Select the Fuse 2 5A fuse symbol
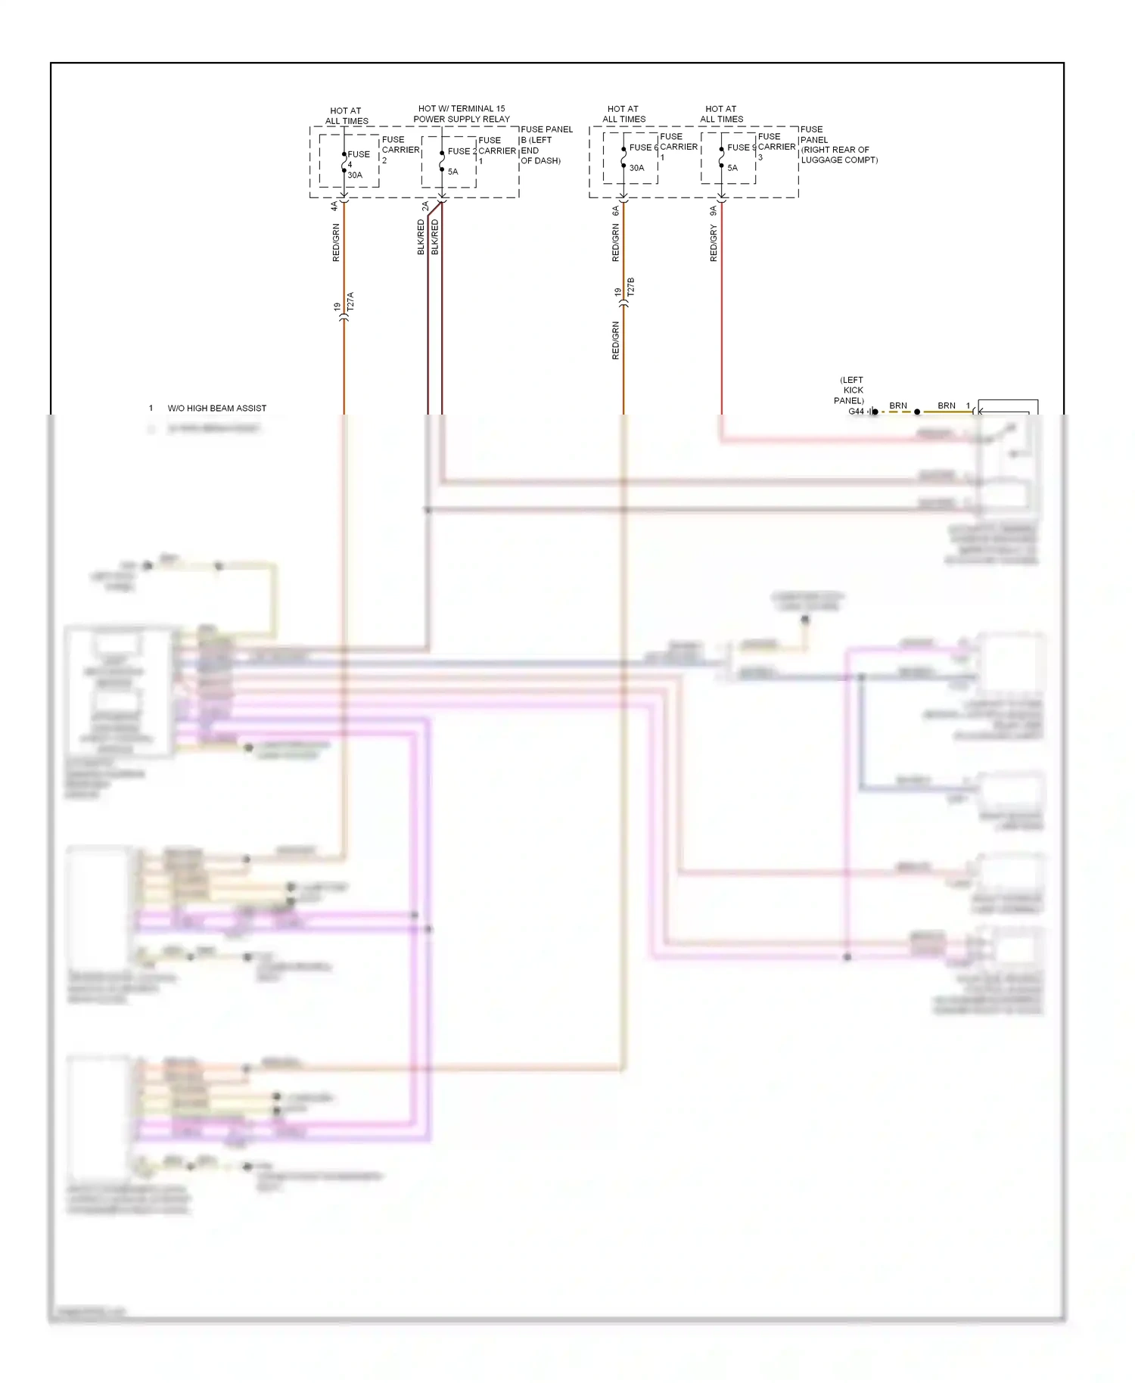[x=442, y=161]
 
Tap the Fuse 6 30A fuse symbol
[x=623, y=157]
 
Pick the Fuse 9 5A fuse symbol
[x=721, y=157]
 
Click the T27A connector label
[x=350, y=302]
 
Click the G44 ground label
[x=856, y=412]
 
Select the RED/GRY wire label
[x=714, y=244]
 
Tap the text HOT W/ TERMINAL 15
[x=462, y=109]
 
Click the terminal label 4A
[x=334, y=206]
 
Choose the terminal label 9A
[x=713, y=211]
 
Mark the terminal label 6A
[x=615, y=211]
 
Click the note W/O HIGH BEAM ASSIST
[x=217, y=409]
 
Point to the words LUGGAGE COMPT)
[x=839, y=160]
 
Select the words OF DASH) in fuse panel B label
[x=540, y=161]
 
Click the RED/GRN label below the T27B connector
[x=616, y=340]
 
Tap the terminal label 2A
[x=425, y=206]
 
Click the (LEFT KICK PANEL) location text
[x=851, y=390]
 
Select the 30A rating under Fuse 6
[x=637, y=168]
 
